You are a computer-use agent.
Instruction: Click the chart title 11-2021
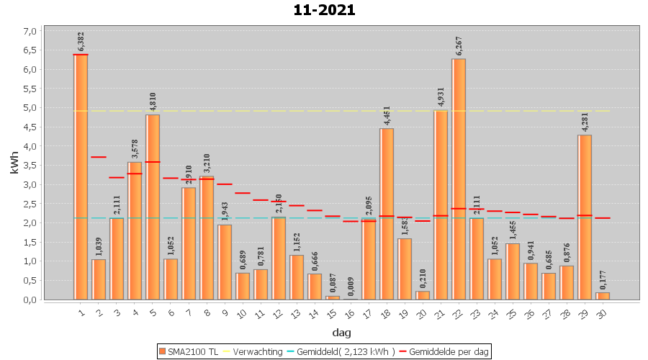coord(324,10)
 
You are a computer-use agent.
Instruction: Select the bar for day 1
coord(81,176)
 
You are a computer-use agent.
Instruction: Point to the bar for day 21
coord(441,204)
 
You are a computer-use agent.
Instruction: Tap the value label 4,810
coord(153,100)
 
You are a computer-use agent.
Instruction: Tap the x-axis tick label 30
coord(603,312)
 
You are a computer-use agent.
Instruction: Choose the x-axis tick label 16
coord(351,312)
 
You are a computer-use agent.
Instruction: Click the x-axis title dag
coord(341,332)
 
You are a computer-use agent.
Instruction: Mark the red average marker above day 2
coord(99,157)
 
